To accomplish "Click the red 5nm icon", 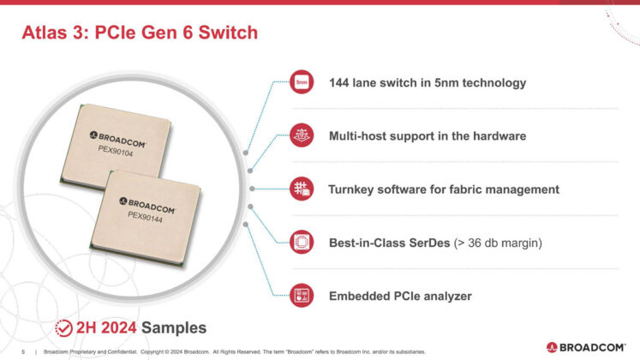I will [302, 83].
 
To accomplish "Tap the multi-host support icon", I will [302, 135].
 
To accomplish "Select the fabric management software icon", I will [302, 189].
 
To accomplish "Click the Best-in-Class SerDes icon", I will [302, 243].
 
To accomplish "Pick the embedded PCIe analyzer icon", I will [302, 296].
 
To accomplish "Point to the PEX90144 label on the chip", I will [147, 216].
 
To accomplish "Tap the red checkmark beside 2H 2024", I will [63, 327].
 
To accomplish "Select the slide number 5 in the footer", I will [21, 351].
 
